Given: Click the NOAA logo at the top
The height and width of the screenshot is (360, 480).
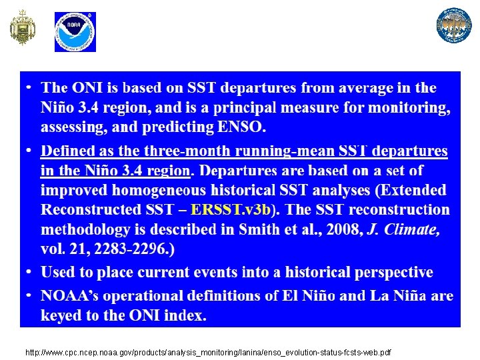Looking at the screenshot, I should click(x=75, y=31).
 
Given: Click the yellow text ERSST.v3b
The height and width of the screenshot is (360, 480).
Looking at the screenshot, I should click(x=231, y=209).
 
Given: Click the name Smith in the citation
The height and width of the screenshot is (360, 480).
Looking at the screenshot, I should click(x=251, y=230).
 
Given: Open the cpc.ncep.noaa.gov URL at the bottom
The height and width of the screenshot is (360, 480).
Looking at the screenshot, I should click(x=207, y=351).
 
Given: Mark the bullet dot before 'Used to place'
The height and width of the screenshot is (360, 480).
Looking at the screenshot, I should click(x=29, y=273).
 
